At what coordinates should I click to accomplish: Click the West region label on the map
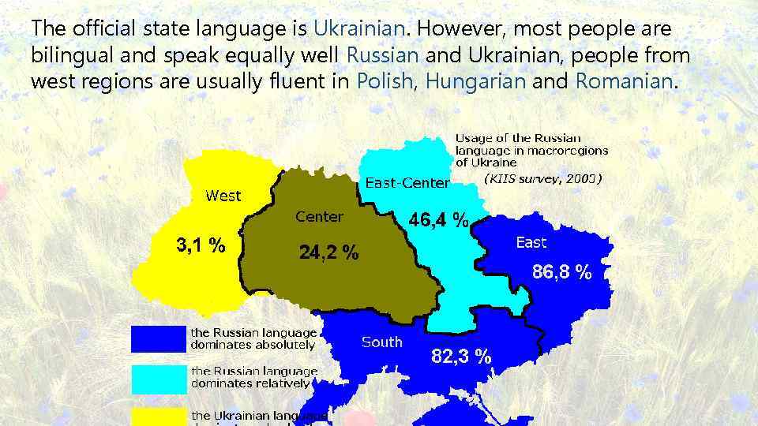[223, 196]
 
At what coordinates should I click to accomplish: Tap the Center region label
[319, 217]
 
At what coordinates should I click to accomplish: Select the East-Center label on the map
[407, 183]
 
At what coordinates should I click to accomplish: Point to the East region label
[531, 242]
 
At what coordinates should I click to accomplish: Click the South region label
[382, 342]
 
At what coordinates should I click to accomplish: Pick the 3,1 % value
[200, 245]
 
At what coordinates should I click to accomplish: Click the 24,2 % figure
[328, 253]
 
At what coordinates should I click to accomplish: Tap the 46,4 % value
[438, 220]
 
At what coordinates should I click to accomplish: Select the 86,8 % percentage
[561, 273]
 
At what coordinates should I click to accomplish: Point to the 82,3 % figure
[461, 357]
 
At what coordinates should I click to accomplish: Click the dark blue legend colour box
[158, 339]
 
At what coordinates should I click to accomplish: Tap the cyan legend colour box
[158, 377]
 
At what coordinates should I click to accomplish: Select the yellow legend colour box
[158, 417]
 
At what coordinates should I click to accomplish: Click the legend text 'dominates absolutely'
[253, 345]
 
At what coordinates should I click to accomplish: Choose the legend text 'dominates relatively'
[250, 383]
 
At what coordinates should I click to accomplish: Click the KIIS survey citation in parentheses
[542, 178]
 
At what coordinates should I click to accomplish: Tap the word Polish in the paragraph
[384, 80]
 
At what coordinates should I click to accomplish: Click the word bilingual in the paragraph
[64, 55]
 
